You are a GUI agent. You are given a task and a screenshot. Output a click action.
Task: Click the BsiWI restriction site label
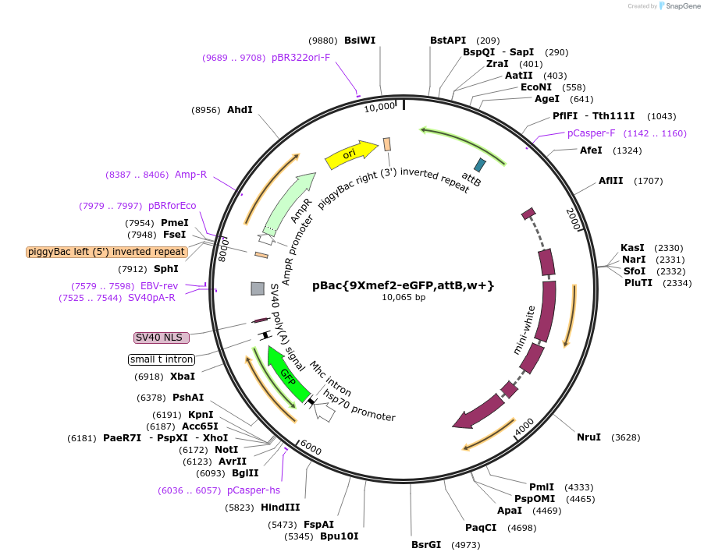359,41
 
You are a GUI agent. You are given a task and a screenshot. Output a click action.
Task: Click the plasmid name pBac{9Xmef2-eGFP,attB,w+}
403,285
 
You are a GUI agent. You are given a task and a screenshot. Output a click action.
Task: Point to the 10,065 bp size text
403,297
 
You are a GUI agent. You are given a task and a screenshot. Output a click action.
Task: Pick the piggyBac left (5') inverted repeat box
106,252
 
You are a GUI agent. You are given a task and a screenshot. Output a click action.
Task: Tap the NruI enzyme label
588,437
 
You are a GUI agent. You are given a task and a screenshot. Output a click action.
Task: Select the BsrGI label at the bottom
426,544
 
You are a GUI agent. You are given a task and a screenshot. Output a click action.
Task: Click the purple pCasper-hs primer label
253,490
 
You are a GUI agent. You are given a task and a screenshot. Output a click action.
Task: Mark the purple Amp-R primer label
190,174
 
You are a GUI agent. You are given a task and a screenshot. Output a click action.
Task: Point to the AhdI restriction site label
240,110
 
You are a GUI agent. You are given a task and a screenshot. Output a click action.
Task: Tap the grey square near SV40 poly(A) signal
257,288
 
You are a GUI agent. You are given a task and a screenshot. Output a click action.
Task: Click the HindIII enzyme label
280,508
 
